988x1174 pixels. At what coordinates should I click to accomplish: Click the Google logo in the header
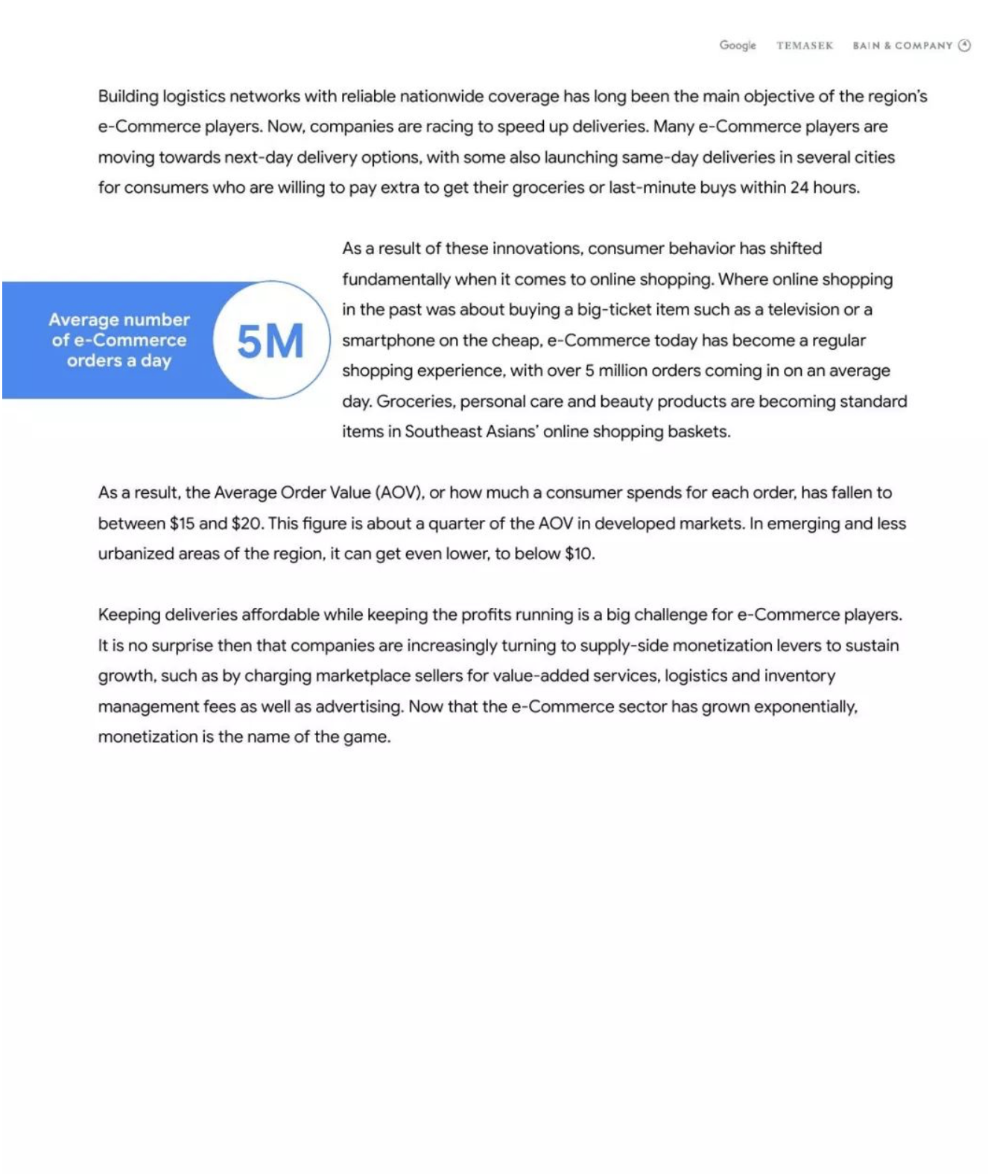point(737,45)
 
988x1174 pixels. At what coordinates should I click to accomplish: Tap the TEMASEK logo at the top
point(804,45)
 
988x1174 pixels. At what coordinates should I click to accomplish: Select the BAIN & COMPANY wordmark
point(902,45)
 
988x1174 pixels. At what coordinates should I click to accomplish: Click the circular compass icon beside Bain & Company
point(964,45)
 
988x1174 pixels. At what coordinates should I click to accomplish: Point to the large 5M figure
point(270,341)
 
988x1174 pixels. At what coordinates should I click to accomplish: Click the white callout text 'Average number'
point(119,320)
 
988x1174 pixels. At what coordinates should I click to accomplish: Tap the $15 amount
point(182,524)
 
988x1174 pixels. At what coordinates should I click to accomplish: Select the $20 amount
point(247,524)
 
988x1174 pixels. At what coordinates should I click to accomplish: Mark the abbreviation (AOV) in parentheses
point(400,493)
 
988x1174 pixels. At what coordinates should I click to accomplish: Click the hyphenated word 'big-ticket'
point(615,310)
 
